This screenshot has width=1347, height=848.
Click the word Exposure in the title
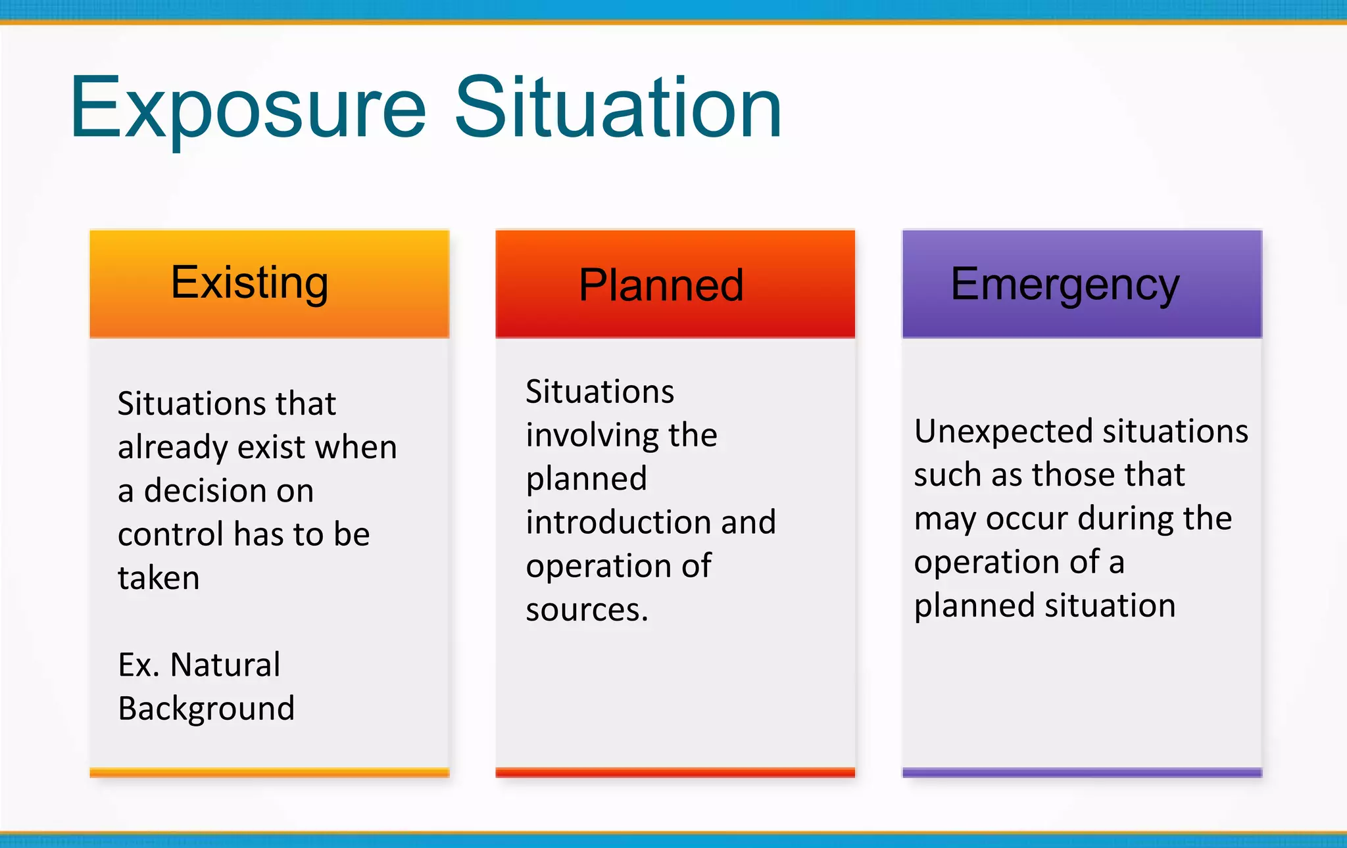tap(249, 108)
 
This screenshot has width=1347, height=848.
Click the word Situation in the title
tap(618, 108)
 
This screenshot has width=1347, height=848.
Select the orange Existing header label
tap(249, 283)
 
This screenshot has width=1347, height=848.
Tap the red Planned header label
tap(661, 285)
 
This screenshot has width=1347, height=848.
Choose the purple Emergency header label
tap(1065, 285)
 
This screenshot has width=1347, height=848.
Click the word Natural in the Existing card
tap(225, 665)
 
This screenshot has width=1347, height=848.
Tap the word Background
tap(206, 709)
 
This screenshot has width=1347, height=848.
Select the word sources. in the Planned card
tap(587, 609)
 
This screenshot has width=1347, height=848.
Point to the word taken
tap(159, 578)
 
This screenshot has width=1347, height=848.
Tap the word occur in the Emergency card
tap(1027, 519)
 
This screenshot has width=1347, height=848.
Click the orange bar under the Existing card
tap(269, 772)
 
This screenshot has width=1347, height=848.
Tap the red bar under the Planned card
tap(675, 772)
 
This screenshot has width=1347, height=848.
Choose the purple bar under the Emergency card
tap(1081, 772)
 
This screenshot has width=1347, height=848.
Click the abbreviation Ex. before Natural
tap(139, 665)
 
